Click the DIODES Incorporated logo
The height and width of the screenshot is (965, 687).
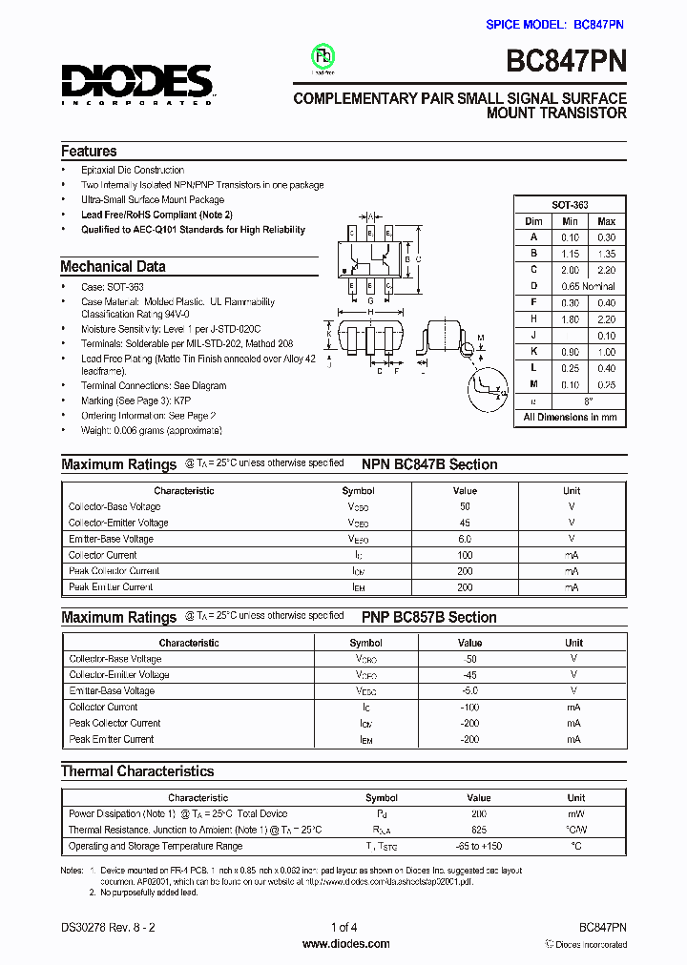[x=137, y=84]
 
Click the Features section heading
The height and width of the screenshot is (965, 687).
[x=89, y=151]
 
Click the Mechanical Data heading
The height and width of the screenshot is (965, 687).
[x=113, y=267]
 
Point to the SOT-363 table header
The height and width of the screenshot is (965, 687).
[x=570, y=205]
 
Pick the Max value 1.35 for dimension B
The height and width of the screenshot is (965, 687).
[x=606, y=254]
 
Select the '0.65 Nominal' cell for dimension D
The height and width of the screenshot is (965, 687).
[x=588, y=286]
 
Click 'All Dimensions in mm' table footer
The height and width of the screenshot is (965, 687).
[x=570, y=418]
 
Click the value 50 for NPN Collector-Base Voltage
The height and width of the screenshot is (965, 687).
[x=465, y=506]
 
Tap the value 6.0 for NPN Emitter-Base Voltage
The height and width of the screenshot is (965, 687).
[x=465, y=539]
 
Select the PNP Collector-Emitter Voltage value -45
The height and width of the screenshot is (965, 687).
[x=469, y=674]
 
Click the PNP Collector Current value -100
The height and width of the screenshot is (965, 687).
[x=469, y=707]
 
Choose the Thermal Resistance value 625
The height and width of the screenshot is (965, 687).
[x=479, y=830]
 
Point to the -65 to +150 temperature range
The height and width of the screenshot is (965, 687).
[x=479, y=846]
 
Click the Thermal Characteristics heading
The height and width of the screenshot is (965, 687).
[x=137, y=770]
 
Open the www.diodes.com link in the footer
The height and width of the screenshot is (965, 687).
[x=345, y=944]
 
